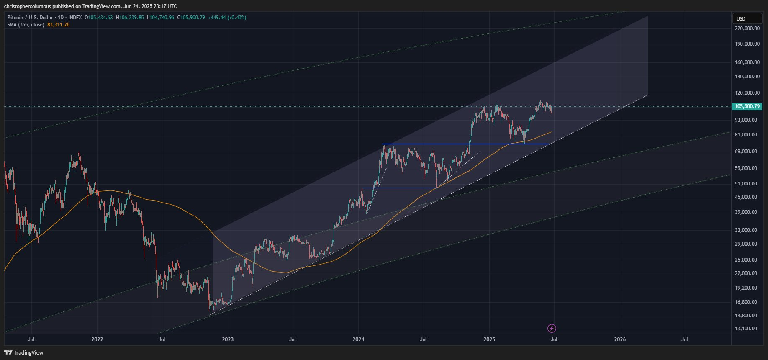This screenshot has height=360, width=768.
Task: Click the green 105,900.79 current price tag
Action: (x=747, y=106)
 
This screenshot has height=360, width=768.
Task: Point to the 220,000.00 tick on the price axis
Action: (x=747, y=28)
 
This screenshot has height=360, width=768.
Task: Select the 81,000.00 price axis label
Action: (x=747, y=135)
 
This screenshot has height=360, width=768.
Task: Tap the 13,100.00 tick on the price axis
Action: (x=747, y=329)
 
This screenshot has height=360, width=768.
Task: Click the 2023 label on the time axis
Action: (x=228, y=339)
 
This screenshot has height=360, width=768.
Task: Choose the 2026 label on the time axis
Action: (x=619, y=339)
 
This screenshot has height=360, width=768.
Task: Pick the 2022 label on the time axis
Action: (x=97, y=339)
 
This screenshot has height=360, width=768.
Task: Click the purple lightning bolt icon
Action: (x=552, y=328)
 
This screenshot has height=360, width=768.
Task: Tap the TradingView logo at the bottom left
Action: (x=24, y=352)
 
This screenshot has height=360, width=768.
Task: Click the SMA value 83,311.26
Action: (x=59, y=25)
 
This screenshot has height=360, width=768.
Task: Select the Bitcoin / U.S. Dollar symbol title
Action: (x=30, y=18)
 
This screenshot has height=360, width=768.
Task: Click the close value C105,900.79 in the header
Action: (x=191, y=18)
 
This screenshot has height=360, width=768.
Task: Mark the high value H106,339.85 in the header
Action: (x=130, y=18)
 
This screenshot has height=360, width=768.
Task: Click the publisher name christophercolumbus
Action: (x=27, y=6)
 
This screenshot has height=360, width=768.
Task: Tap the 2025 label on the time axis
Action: (x=489, y=339)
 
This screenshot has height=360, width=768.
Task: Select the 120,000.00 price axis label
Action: (x=747, y=93)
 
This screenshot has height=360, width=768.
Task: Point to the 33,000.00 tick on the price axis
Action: (x=747, y=230)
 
